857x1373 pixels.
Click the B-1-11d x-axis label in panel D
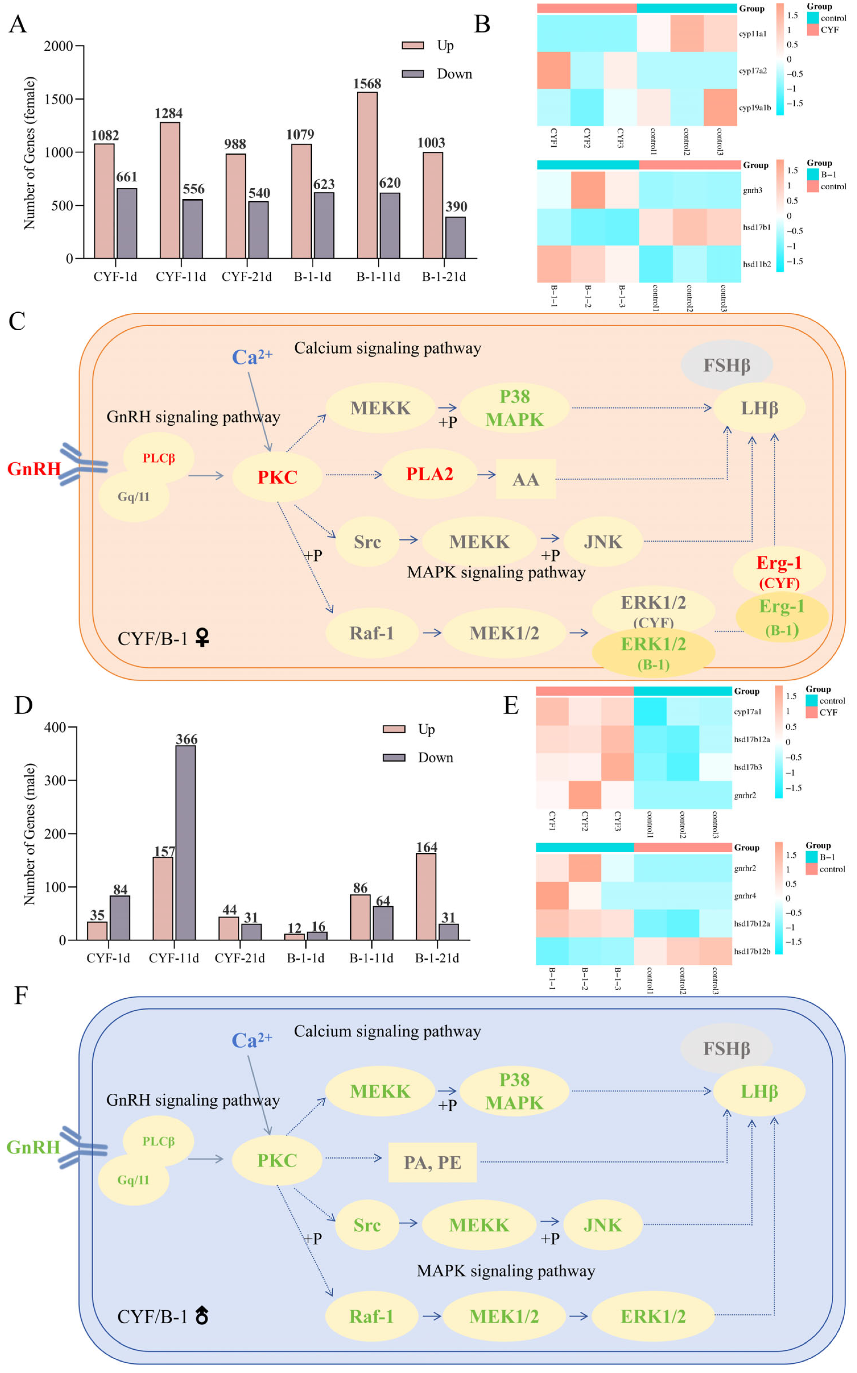click(371, 958)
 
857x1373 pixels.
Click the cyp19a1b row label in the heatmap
click(755, 108)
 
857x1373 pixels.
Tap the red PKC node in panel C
click(277, 477)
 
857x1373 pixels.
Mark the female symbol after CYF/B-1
click(202, 639)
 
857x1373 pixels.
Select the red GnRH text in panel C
click(33, 469)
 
